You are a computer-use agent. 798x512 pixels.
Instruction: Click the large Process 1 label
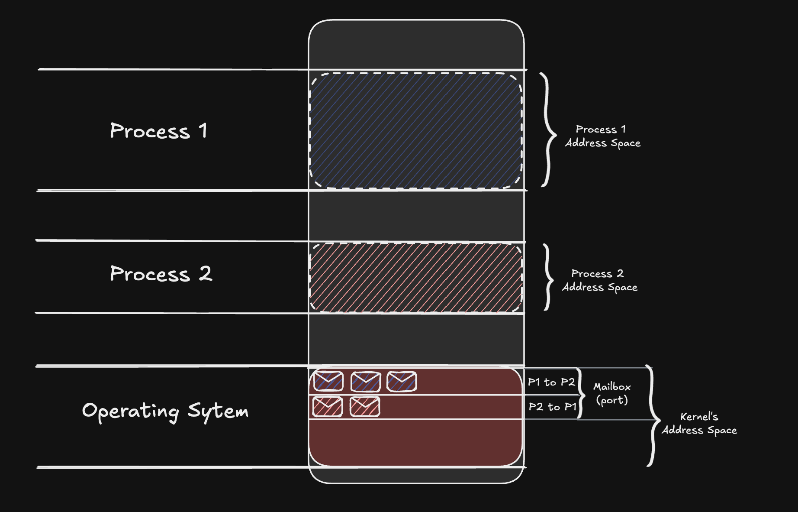point(158,131)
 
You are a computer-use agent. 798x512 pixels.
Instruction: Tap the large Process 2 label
point(161,274)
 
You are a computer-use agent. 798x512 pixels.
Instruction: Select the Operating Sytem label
point(165,411)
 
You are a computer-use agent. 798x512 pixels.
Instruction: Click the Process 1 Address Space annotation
point(602,136)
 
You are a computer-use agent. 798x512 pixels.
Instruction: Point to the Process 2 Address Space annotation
point(600,280)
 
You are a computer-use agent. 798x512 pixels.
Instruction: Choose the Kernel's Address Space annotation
point(699,423)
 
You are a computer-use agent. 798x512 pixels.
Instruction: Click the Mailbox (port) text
point(612,393)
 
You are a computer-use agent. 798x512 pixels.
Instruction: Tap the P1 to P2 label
point(551,382)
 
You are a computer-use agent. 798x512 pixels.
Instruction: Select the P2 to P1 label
point(552,407)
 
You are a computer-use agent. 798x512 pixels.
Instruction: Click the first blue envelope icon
point(328,381)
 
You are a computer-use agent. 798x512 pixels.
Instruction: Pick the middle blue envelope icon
point(366,382)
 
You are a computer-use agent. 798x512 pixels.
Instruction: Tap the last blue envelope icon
point(402,381)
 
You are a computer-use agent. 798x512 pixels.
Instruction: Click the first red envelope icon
point(328,407)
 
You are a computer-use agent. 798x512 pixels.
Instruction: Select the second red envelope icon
point(365,407)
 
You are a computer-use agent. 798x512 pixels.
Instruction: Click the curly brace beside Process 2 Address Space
point(548,277)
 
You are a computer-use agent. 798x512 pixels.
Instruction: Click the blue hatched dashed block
point(416,130)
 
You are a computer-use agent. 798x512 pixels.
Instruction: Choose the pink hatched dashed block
point(416,278)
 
